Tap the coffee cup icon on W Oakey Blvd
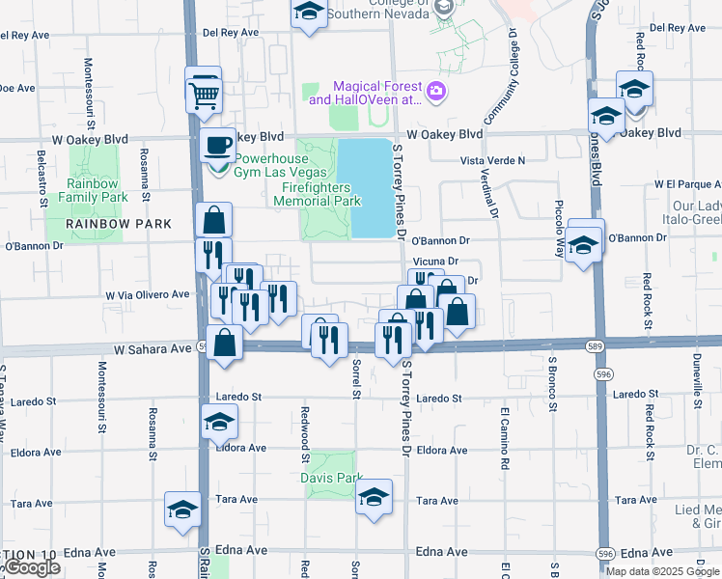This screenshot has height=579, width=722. (217, 147)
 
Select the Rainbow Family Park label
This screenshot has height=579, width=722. (93, 190)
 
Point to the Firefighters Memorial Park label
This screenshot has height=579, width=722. (317, 195)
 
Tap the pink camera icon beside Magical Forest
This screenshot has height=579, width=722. (436, 92)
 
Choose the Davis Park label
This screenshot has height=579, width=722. (330, 478)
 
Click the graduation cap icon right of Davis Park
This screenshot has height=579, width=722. (374, 498)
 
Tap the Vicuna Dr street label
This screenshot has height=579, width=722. (433, 262)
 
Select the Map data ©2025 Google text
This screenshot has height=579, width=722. (662, 570)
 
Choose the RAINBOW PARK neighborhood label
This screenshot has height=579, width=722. (119, 224)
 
